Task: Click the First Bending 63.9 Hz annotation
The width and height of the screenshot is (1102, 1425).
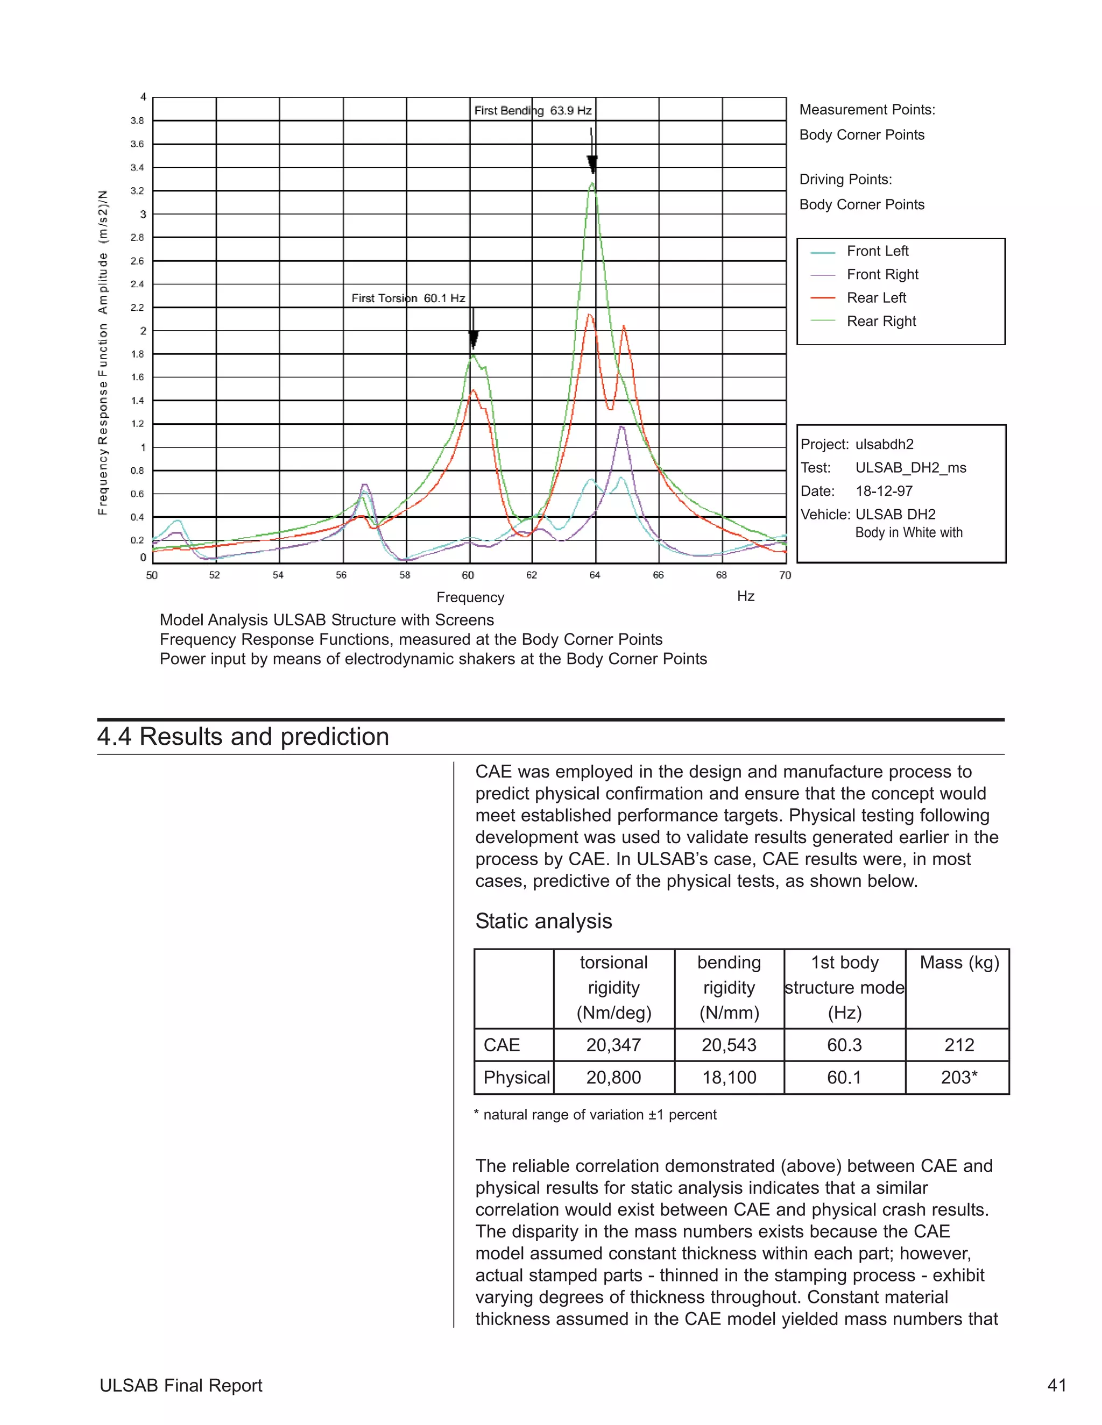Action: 533,110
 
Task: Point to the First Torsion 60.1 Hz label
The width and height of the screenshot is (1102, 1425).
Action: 408,298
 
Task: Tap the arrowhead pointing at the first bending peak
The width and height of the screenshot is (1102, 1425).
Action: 592,165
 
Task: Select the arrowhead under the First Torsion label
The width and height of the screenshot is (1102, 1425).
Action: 474,339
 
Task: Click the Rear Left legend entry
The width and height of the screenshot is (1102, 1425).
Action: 875,297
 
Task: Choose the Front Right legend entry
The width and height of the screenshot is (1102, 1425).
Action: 882,274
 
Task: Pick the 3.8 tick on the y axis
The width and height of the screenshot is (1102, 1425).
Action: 137,120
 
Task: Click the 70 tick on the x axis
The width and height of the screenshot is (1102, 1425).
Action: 785,575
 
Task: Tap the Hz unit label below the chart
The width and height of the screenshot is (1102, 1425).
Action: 746,596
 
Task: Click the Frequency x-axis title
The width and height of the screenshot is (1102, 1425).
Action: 470,597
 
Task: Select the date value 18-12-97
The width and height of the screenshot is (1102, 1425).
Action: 884,490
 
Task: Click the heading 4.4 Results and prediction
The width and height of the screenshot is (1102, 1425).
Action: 243,736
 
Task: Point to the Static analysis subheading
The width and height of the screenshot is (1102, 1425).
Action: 543,921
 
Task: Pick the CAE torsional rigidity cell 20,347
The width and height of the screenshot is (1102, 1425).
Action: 613,1045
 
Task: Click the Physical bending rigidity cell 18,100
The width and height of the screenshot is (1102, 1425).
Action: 729,1077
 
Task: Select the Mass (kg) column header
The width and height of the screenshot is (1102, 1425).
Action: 958,963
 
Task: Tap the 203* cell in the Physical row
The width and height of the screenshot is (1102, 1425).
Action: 958,1077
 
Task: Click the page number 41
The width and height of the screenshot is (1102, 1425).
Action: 1056,1385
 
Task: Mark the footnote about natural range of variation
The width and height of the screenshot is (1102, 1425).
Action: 596,1114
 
